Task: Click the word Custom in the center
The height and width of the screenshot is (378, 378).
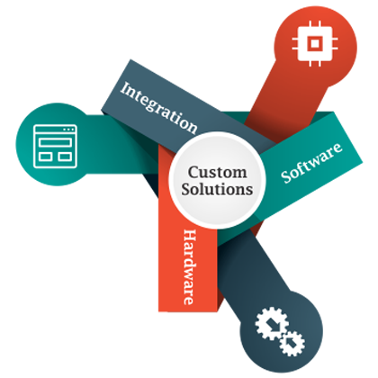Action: coord(218,173)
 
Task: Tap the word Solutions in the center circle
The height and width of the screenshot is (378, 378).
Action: coord(217,190)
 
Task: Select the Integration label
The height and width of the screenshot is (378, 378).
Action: coord(159,107)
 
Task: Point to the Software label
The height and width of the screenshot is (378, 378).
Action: coord(311,162)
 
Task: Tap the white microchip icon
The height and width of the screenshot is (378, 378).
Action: coord(315,43)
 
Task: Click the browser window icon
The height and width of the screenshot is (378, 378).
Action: coord(56,146)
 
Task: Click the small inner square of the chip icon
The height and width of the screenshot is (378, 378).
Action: coord(315,43)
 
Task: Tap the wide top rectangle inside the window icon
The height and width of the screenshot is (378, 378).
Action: coord(56,142)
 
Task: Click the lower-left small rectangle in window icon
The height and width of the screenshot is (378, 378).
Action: coord(45,157)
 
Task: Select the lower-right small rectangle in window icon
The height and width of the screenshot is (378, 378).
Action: coord(65,157)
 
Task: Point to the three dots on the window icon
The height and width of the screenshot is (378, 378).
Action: coord(68,130)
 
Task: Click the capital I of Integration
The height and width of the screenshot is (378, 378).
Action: coord(125,88)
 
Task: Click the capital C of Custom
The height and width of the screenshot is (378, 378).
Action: coord(193,173)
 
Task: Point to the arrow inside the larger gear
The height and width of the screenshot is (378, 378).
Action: coord(274,325)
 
